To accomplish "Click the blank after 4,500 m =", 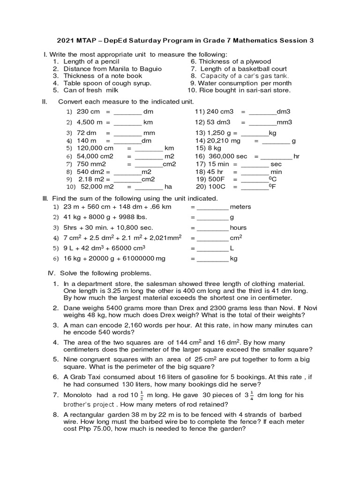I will [127, 122].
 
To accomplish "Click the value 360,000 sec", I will [228, 156].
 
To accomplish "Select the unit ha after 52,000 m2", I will [168, 187].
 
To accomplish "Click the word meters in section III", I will [241, 207].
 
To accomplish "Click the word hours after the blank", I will [238, 227].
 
